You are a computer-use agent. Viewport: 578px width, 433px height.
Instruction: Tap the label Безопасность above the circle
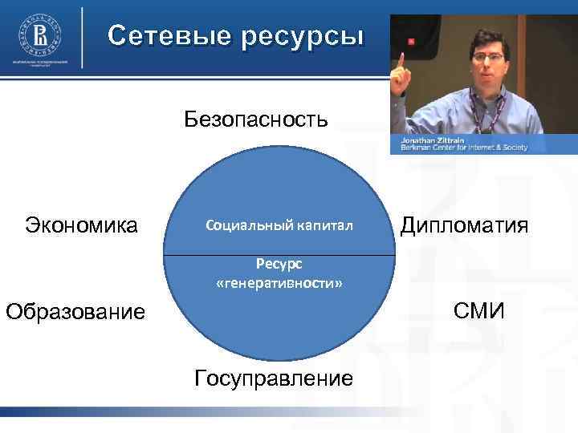[256, 119]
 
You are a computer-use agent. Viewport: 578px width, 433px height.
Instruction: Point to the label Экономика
[81, 225]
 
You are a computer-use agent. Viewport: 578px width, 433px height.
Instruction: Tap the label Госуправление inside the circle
[273, 377]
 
